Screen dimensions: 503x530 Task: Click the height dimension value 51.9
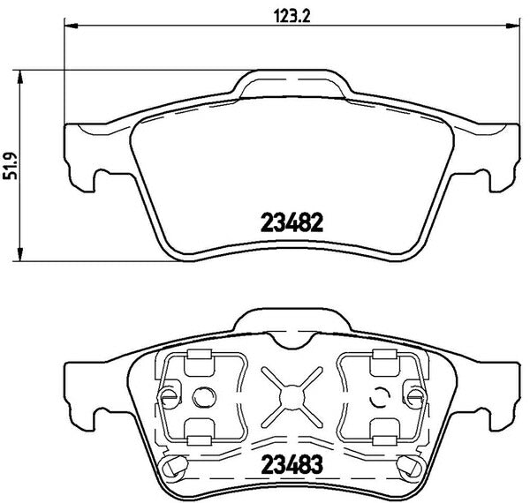tap(11, 164)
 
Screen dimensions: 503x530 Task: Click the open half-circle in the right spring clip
tap(380, 395)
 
